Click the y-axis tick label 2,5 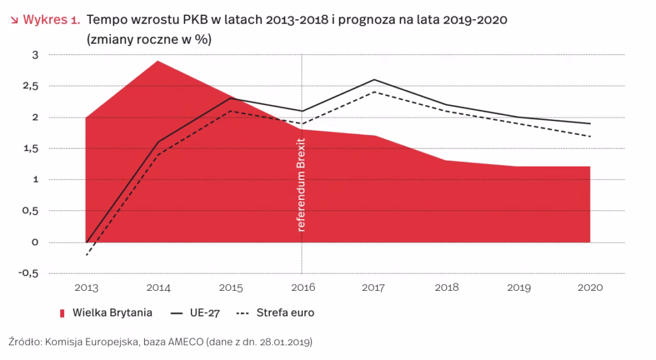point(31,86)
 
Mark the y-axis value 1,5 point(31,149)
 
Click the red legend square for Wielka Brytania point(63,313)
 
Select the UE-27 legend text point(207,313)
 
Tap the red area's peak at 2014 point(158,61)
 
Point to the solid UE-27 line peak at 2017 point(373,80)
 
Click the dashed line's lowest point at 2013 point(86,254)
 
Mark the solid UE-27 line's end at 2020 point(589,124)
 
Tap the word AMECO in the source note point(185,343)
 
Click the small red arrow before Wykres point(13,20)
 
